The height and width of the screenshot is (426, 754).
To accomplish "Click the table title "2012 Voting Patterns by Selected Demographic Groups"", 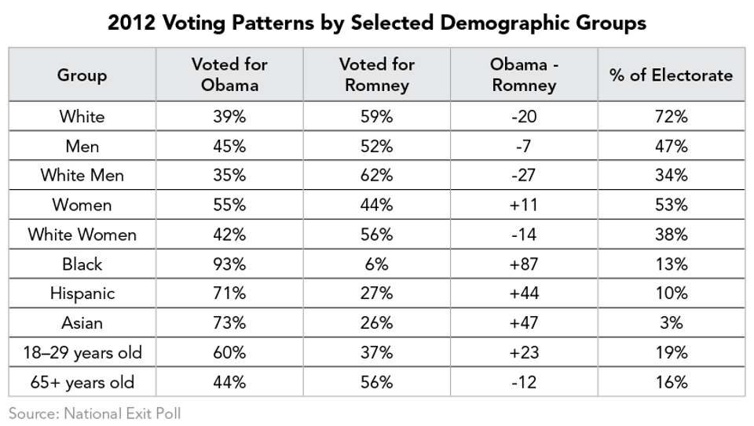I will coord(377,23).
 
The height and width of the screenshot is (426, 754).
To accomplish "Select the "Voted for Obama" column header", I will coord(229,75).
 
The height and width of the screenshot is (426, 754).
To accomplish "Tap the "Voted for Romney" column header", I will coord(376,75).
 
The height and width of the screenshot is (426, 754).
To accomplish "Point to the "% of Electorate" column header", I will coord(671,75).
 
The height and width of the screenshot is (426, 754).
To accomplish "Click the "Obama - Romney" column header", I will coord(523,75).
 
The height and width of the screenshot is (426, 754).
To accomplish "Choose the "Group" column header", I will coord(82,75).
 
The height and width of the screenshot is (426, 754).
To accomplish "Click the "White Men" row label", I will coord(82,176).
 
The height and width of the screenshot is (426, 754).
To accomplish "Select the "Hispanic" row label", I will coord(82,293).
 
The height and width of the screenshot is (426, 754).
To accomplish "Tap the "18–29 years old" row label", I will coord(82,352).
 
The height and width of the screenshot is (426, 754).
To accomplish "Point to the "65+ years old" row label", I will coord(82,382).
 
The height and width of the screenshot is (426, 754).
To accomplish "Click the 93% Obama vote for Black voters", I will coord(229,264).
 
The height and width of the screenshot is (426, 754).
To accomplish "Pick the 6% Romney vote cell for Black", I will coord(376,264).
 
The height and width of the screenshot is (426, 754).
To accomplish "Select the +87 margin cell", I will coord(523,264).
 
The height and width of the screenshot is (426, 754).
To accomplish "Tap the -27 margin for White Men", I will coord(523,176).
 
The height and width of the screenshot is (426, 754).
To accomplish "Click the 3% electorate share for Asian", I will coord(671,323).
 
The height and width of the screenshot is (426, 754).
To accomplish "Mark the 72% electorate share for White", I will coord(671,117).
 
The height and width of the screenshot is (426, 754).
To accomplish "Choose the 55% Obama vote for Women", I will coord(229,206).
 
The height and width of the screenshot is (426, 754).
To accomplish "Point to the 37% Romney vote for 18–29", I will coord(376,352).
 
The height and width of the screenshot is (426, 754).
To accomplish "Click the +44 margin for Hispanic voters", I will coord(523,293).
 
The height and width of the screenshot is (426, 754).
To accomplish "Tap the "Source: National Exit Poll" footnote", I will coord(94,413).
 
